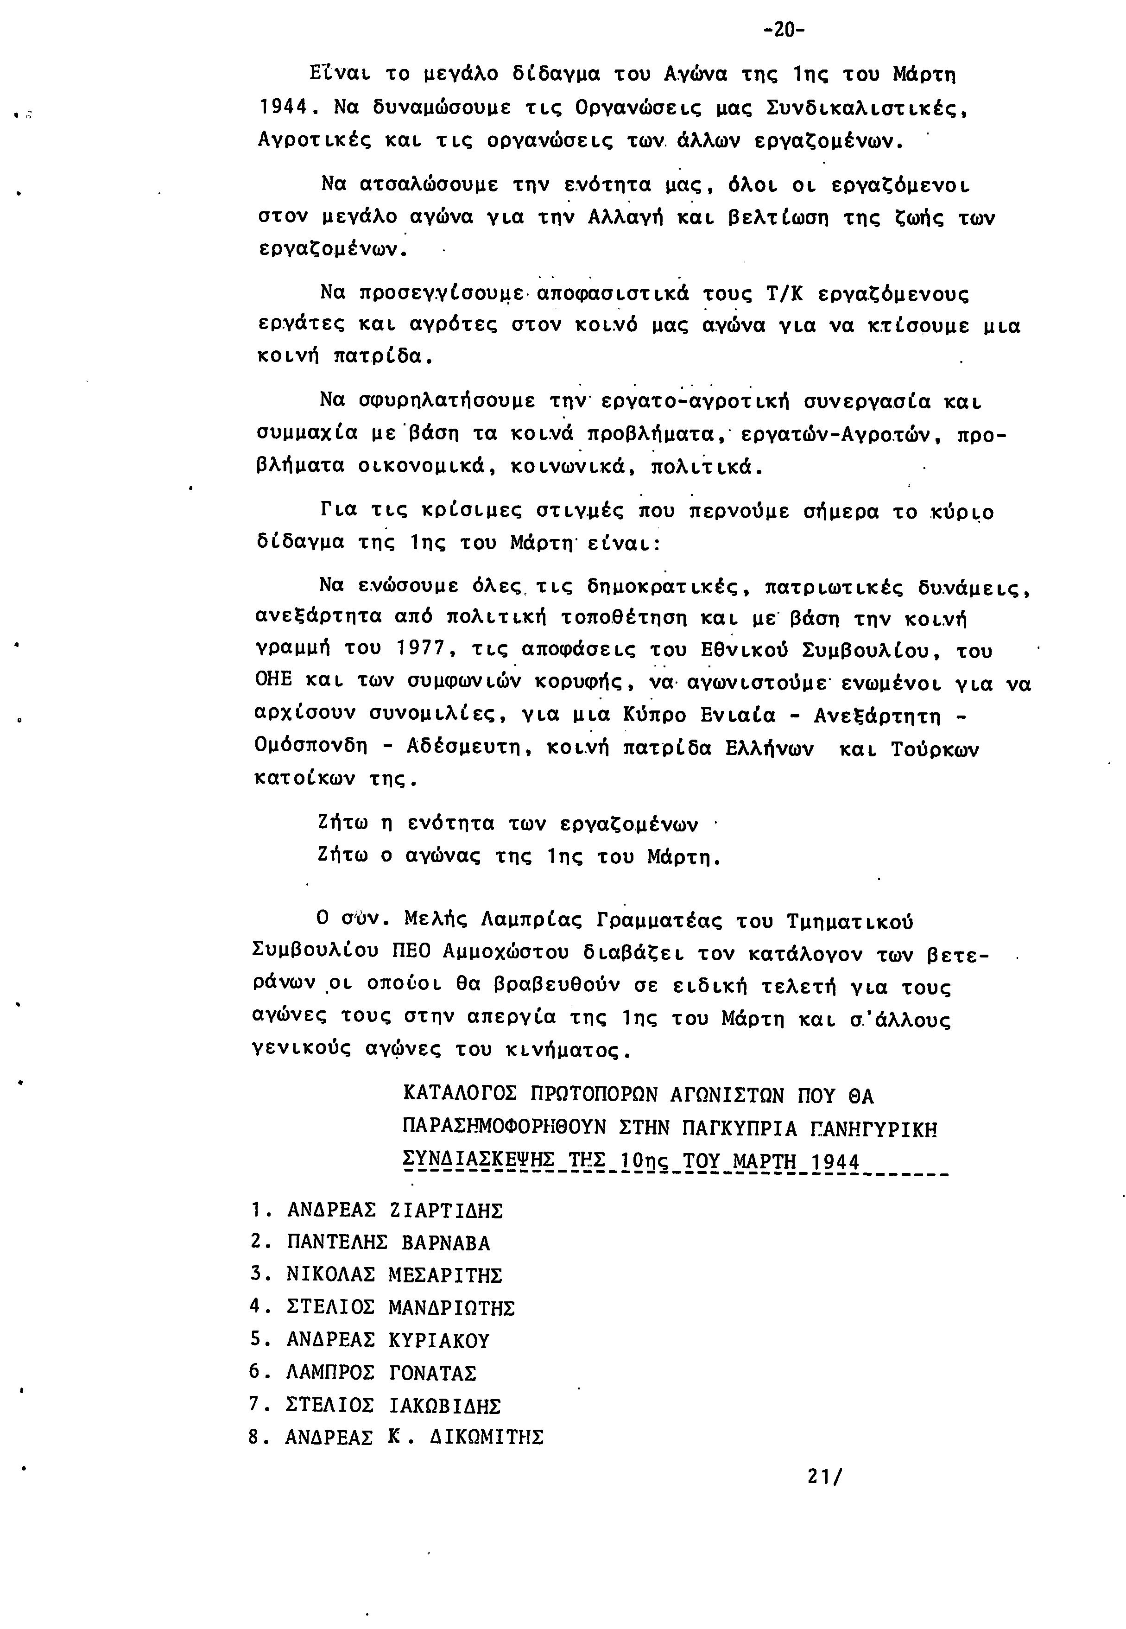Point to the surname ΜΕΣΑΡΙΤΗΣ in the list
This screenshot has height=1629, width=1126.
click(445, 1275)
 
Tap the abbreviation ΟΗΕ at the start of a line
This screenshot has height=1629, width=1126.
click(273, 681)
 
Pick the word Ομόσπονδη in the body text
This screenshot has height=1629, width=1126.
click(311, 747)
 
